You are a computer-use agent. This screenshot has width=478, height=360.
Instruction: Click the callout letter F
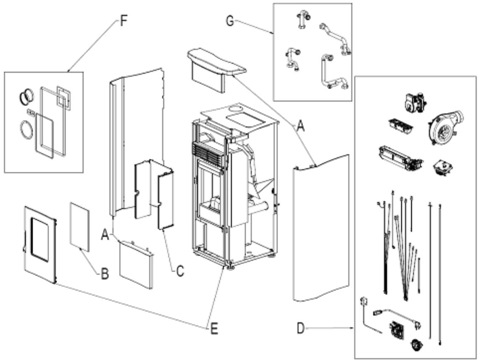[123, 21]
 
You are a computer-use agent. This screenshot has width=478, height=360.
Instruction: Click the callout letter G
[230, 21]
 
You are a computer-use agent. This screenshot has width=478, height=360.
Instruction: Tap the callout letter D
[301, 328]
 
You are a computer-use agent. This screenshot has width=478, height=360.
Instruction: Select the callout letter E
[214, 329]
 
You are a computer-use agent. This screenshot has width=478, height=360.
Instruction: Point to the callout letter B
[105, 274]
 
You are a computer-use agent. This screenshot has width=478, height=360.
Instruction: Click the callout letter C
[180, 271]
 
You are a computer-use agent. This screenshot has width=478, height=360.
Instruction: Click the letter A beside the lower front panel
[105, 235]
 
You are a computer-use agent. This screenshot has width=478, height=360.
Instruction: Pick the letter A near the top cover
[301, 126]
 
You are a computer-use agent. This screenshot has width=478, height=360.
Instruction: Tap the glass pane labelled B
[80, 227]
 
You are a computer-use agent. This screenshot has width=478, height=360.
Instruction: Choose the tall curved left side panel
[136, 143]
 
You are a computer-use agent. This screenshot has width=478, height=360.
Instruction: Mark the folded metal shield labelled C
[154, 194]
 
